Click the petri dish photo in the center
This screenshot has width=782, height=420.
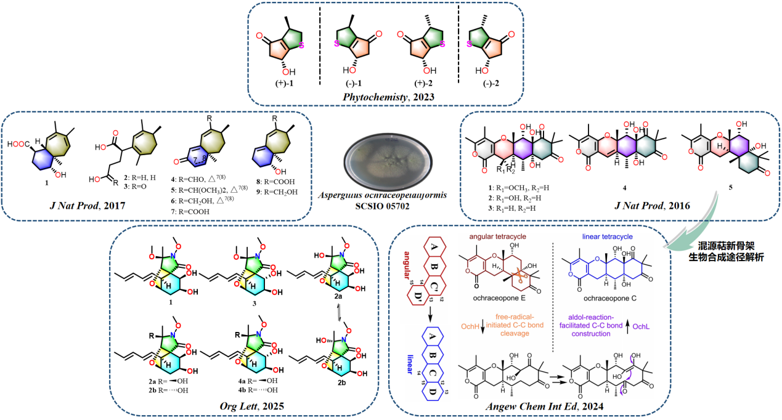coord(385,152)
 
